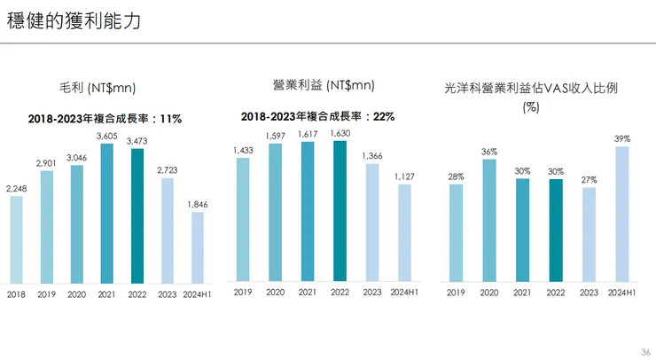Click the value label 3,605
tap(107, 135)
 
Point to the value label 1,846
tap(198, 204)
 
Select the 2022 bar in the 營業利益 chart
tap(340, 209)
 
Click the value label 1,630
tap(340, 133)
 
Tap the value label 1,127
tap(404, 176)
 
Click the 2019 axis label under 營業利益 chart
tap(243, 292)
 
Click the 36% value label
tap(489, 153)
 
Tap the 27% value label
tap(589, 180)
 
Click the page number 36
tap(644, 351)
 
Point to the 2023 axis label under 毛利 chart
tap(168, 293)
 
